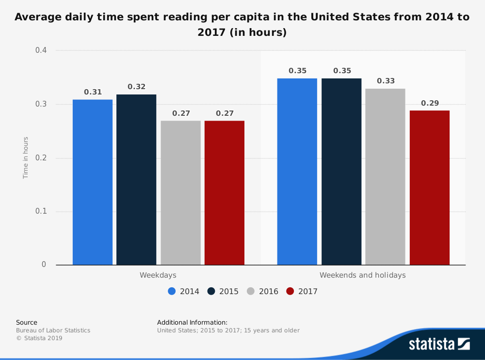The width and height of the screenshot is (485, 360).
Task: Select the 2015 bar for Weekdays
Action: [x=136, y=180]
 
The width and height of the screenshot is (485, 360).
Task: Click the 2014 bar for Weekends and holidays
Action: [x=297, y=172]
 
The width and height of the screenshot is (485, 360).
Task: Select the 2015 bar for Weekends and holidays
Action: [x=341, y=172]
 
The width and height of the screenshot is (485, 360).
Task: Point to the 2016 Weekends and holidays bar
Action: [x=386, y=177]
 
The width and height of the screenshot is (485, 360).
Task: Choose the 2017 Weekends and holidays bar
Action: [x=430, y=188]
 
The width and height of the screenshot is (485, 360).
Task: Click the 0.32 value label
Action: [x=136, y=87]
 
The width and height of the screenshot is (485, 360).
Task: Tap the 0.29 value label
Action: [x=430, y=103]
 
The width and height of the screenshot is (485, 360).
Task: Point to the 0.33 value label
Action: [x=386, y=81]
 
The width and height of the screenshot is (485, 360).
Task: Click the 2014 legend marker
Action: [x=172, y=291]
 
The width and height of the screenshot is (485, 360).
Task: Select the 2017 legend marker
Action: [x=290, y=291]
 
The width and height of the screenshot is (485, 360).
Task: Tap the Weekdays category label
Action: [x=158, y=275]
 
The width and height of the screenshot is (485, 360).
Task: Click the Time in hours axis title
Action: [x=26, y=158]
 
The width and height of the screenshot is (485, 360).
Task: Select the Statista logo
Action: [x=439, y=344]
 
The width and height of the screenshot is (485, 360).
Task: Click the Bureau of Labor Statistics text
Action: [x=53, y=330]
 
